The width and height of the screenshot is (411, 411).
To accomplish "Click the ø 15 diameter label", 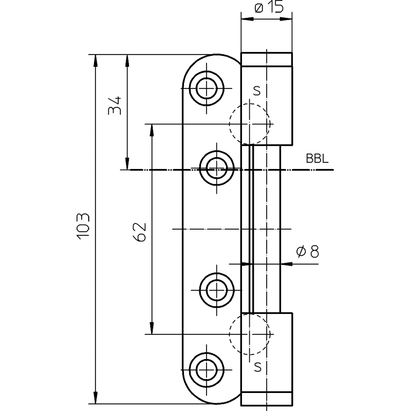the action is tap(269, 7).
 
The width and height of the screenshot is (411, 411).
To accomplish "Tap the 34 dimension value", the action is tap(115, 106).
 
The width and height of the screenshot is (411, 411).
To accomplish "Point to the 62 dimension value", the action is tap(139, 232).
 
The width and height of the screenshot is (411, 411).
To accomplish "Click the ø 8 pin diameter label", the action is tap(307, 252).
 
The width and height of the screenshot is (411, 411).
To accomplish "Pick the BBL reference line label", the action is tap(317, 159).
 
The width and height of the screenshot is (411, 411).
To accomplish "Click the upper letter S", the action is tap(257, 91).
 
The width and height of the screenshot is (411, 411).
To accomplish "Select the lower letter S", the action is tap(258, 367).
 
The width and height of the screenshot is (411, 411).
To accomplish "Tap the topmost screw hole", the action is tap(207, 88).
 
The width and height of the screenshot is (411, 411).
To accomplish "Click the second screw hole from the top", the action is tap(216, 168).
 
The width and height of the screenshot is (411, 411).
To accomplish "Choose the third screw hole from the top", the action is tap(216, 290).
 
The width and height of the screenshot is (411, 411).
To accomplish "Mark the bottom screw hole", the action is tap(207, 370).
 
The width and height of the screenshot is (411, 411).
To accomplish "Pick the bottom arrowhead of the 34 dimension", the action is tap(127, 163).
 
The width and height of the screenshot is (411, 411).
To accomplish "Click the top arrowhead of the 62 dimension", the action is tap(151, 130).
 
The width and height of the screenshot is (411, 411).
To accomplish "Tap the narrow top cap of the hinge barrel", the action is tap(266, 59).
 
